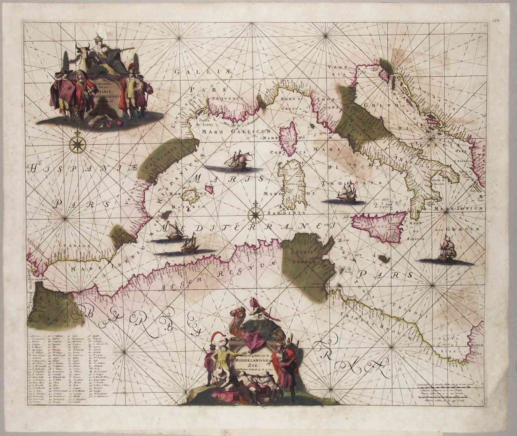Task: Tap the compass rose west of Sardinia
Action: [253, 214]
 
